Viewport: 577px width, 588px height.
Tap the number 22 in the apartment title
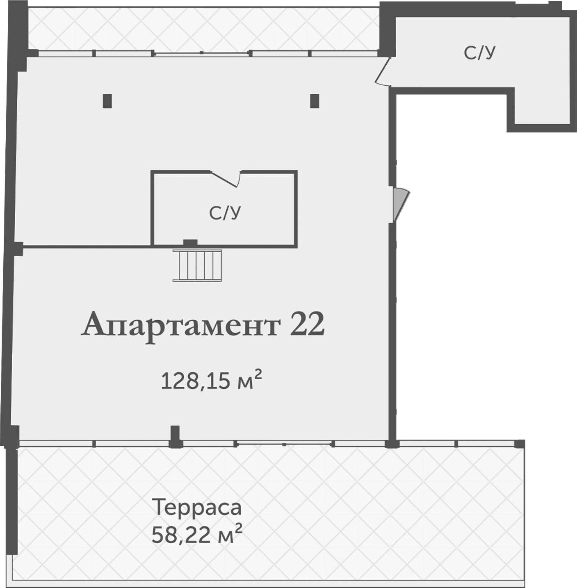click(307, 324)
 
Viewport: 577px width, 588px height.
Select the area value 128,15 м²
click(211, 380)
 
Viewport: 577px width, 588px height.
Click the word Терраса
click(197, 507)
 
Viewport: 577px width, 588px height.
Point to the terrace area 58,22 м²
click(197, 534)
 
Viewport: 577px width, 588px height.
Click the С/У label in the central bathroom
click(225, 213)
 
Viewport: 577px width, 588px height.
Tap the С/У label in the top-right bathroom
click(479, 52)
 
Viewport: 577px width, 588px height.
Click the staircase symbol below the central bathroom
click(197, 265)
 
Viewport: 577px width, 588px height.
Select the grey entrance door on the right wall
click(400, 203)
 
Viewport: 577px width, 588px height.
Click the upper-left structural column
click(107, 101)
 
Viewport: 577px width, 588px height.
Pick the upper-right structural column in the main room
click(315, 101)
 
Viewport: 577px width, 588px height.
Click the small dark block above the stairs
click(190, 243)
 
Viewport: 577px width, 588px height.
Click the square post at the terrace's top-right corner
click(519, 444)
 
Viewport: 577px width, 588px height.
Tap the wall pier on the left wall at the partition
click(17, 248)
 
